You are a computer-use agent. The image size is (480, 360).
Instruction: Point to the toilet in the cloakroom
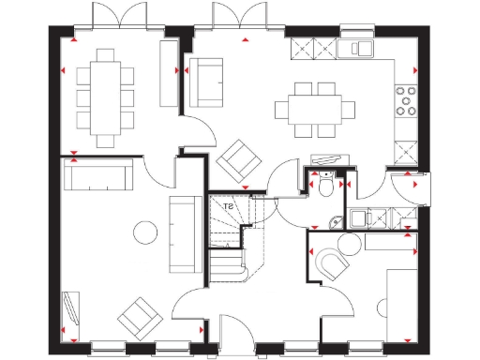pyautogui.click(x=323, y=185)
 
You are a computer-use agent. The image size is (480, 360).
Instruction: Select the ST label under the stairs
pyautogui.click(x=226, y=207)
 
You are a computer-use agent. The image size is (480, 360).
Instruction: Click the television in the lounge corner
pyautogui.click(x=69, y=311)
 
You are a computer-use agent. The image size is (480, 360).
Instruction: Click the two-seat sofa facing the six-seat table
pyautogui.click(x=204, y=80)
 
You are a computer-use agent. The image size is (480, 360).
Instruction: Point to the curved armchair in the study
pyautogui.click(x=331, y=265)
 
